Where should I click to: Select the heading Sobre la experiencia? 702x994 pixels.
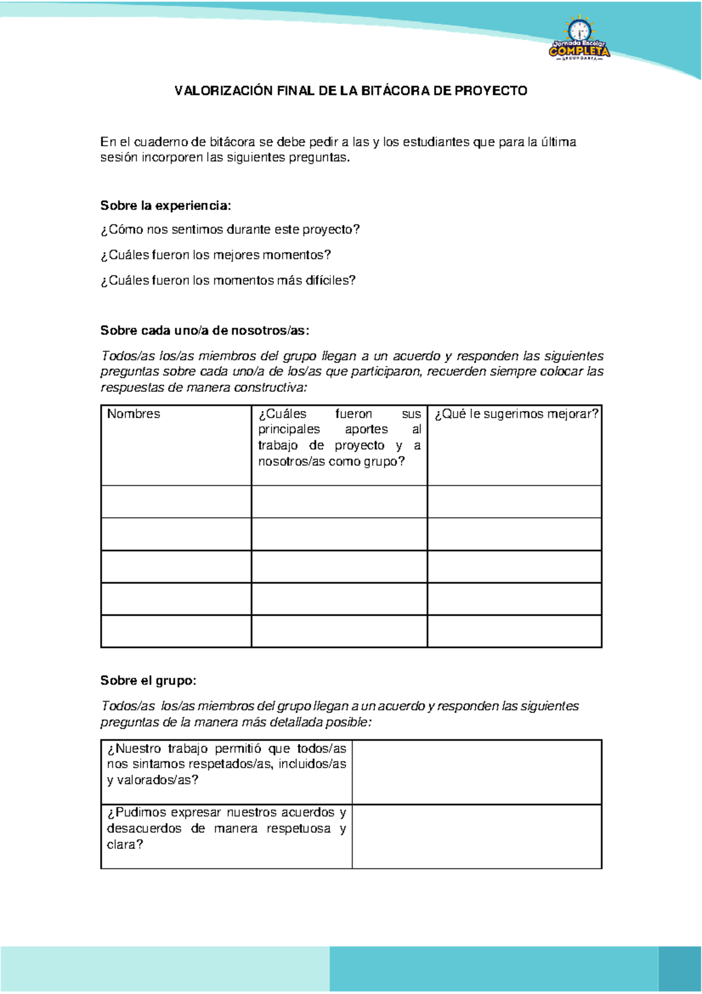(166, 206)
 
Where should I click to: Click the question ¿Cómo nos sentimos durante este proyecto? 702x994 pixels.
(230, 230)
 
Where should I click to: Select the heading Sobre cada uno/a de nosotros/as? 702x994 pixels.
(204, 331)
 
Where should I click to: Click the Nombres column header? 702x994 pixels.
(133, 414)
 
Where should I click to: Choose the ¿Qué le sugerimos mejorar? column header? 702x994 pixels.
(516, 414)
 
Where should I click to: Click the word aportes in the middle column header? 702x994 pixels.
(366, 430)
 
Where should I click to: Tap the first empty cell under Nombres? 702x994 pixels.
(176, 502)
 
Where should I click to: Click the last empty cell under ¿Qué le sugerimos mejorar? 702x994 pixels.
(514, 631)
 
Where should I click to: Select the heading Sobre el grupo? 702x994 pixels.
(148, 681)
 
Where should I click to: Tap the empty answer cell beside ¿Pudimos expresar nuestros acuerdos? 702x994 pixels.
(477, 837)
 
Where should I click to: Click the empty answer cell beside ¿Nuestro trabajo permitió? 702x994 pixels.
(477, 772)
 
